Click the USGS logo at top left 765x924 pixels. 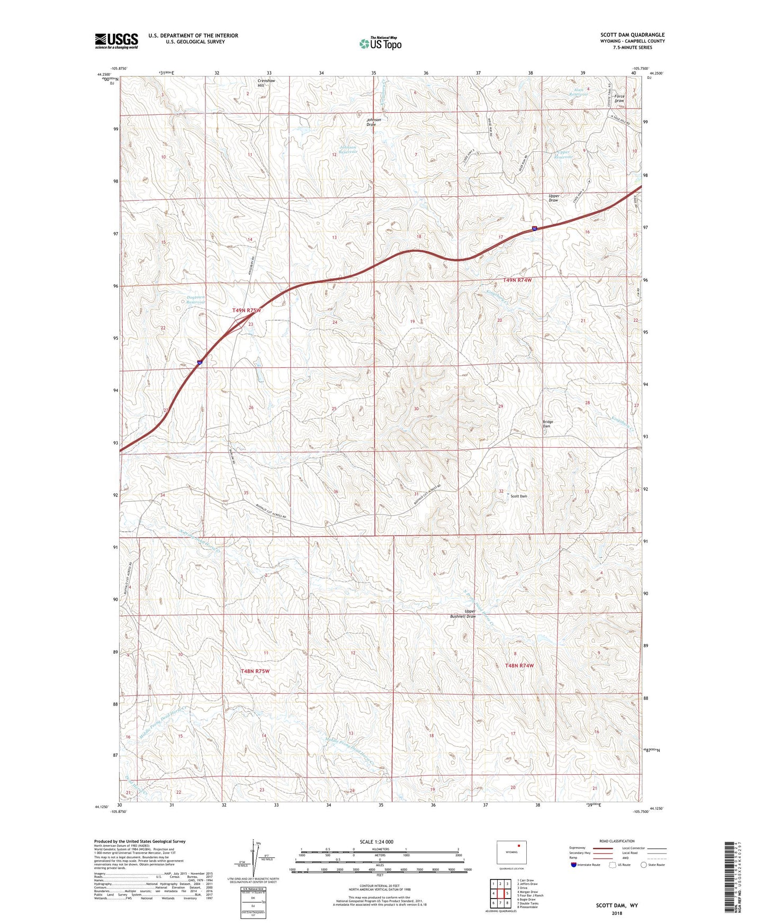[116, 41]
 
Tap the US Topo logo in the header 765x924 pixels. [380, 43]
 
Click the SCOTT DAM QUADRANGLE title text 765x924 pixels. [632, 35]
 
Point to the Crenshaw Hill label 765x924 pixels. [266, 83]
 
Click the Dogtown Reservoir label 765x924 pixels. [195, 300]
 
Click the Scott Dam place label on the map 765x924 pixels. [518, 496]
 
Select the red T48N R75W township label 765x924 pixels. [255, 671]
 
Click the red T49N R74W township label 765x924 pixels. [517, 279]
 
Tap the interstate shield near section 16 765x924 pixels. [535, 228]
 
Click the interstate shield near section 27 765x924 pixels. [200, 362]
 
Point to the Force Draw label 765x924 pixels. [619, 98]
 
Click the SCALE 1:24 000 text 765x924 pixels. [376, 841]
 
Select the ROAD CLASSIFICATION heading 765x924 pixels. [617, 841]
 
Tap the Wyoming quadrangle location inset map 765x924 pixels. [511, 852]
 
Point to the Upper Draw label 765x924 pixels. [553, 198]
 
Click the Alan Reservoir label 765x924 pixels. [578, 92]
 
